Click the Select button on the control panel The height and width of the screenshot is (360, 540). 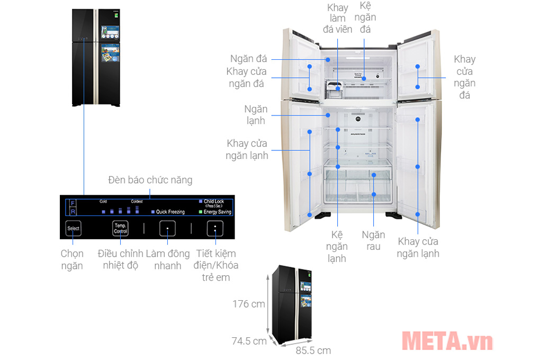74,229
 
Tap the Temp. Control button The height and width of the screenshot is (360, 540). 121,229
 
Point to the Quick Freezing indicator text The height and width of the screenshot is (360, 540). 170,212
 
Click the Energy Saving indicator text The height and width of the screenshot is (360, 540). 217,212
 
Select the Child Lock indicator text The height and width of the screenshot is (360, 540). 213,202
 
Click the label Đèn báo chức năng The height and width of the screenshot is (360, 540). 150,181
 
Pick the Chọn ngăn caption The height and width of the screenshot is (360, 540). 72,259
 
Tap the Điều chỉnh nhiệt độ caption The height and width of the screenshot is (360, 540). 121,259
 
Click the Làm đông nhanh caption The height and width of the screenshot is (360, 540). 167,259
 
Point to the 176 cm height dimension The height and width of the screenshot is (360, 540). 249,304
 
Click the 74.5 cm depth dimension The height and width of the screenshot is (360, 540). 249,341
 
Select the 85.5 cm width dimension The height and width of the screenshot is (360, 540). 313,350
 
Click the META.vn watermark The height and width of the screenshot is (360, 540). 447,341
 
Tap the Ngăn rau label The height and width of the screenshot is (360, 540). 373,240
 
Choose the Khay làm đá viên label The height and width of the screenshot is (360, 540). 337,18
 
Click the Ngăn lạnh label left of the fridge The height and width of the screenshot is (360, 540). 256,115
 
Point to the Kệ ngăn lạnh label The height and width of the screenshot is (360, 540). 336,246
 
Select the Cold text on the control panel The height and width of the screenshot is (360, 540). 103,202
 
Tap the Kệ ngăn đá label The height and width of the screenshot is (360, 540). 365,17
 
